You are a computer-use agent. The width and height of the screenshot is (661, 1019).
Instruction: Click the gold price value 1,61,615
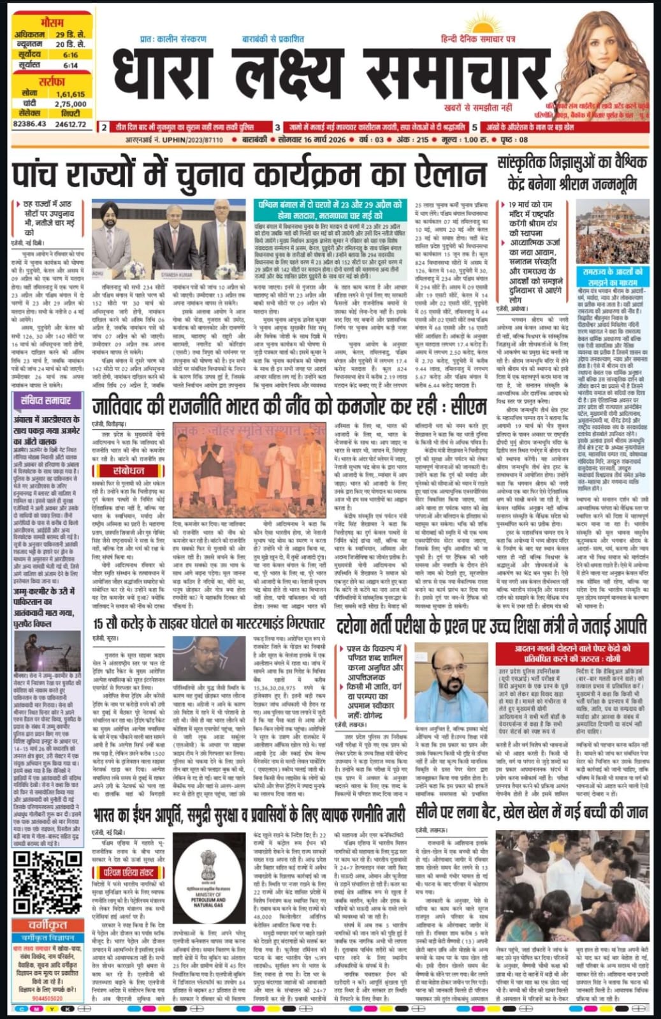pyautogui.click(x=70, y=94)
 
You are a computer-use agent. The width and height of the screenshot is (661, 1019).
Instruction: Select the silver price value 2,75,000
pyautogui.click(x=70, y=104)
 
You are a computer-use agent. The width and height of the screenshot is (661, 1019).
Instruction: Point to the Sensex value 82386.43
pyautogui.click(x=29, y=124)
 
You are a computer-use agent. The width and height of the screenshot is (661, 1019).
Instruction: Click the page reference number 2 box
pyautogui.click(x=105, y=128)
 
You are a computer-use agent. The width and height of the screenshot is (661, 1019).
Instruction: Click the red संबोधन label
pyautogui.click(x=127, y=471)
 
